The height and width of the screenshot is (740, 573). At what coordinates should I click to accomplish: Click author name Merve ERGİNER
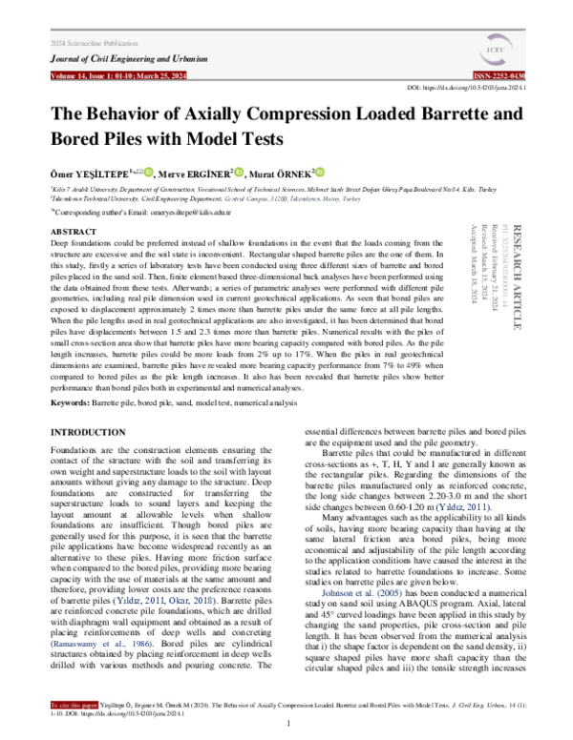(194, 174)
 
